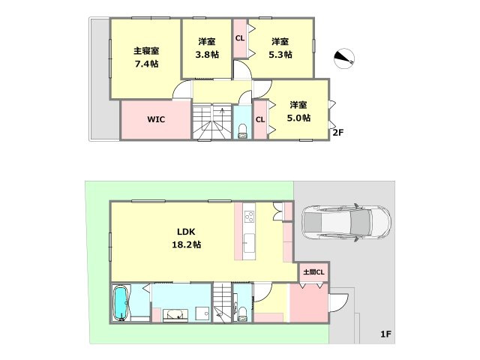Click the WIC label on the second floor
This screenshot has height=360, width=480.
[156, 119]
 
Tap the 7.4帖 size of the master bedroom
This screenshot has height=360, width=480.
[147, 64]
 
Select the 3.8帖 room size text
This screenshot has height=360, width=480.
[207, 55]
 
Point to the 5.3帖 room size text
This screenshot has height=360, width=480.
[280, 55]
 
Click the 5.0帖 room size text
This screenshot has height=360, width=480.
[298, 118]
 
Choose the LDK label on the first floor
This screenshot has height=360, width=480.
[187, 232]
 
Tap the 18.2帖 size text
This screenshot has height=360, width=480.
[187, 244]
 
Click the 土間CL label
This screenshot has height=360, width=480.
[313, 271]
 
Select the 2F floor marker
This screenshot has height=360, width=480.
[338, 133]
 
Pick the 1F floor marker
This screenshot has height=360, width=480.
[386, 334]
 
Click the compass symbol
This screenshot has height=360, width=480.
[344, 58]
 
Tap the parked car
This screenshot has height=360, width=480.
[346, 223]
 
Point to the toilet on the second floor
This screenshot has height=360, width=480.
[242, 131]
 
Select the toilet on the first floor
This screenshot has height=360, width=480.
[242, 313]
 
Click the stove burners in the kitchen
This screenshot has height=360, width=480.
[249, 217]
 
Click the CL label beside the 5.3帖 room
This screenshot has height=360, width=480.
[240, 38]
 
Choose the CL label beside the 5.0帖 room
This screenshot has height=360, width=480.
[260, 120]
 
